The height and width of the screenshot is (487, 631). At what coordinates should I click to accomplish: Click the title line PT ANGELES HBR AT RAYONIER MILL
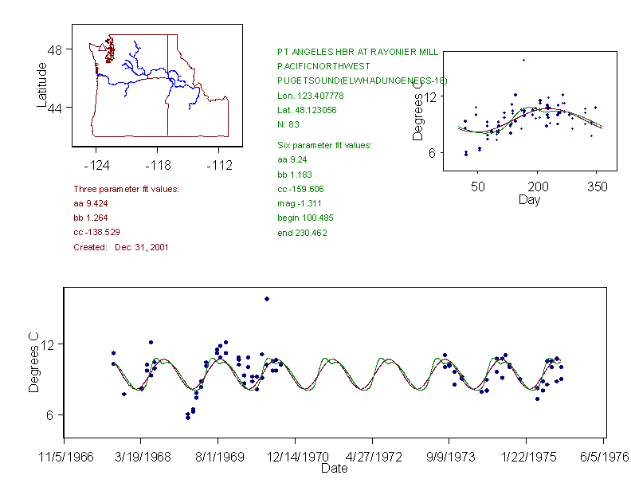coord(357,51)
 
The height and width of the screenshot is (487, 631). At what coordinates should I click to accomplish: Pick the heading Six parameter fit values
coord(324,145)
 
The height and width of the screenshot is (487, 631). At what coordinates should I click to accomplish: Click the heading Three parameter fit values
coord(126,189)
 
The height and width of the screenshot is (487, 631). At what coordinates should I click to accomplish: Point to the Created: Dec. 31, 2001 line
coord(120,247)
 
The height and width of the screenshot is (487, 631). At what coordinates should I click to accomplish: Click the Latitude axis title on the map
coord(42,84)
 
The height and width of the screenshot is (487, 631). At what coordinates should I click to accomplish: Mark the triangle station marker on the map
coord(101,48)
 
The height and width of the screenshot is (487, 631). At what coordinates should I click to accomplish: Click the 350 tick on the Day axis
coord(598,187)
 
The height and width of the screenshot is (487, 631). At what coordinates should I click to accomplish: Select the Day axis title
coord(529,200)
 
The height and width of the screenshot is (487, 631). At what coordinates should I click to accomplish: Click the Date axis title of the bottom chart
coord(334,469)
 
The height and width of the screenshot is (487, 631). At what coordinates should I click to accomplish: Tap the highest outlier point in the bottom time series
coord(267,299)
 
